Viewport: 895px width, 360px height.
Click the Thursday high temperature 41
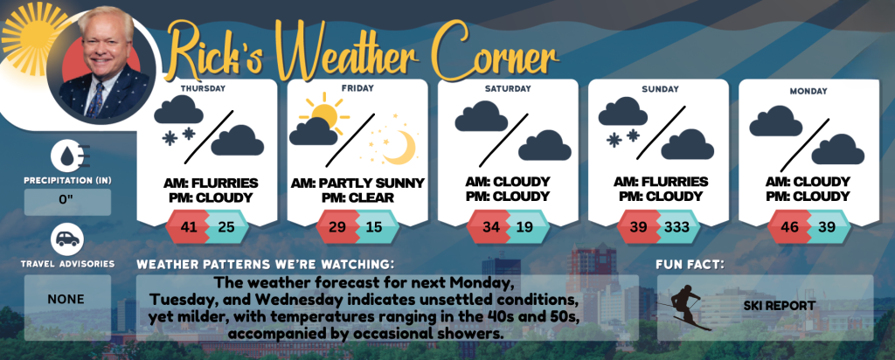[x=189, y=227]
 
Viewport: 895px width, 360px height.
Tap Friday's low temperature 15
[x=374, y=227]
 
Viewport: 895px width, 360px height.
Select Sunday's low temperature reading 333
[x=677, y=227]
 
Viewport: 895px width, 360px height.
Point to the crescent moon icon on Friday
[x=399, y=146]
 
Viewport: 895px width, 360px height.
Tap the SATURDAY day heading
[x=508, y=89]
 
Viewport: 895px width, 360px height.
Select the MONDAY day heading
[x=808, y=91]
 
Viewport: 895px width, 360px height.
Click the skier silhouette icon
[x=685, y=308]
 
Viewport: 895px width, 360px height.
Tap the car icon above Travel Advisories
[x=67, y=240]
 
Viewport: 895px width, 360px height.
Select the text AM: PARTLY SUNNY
[x=357, y=183]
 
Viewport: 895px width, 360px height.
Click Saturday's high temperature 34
[x=490, y=227]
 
